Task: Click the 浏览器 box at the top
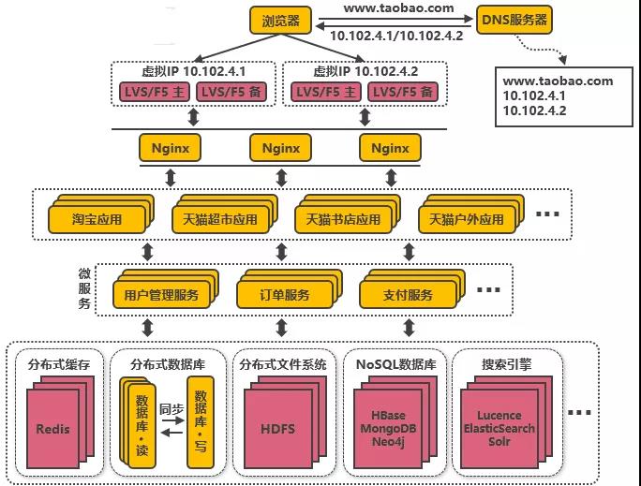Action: tap(279, 19)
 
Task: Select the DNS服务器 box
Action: tap(514, 19)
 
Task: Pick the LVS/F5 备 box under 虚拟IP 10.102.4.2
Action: tap(400, 92)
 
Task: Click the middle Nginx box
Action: tap(280, 148)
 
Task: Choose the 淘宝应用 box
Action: tap(97, 220)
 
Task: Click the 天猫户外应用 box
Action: tap(466, 220)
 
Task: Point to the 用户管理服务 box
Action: tap(161, 295)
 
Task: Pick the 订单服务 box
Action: tap(285, 295)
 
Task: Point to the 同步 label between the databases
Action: tap(171, 409)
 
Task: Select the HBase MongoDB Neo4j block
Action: tap(393, 428)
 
